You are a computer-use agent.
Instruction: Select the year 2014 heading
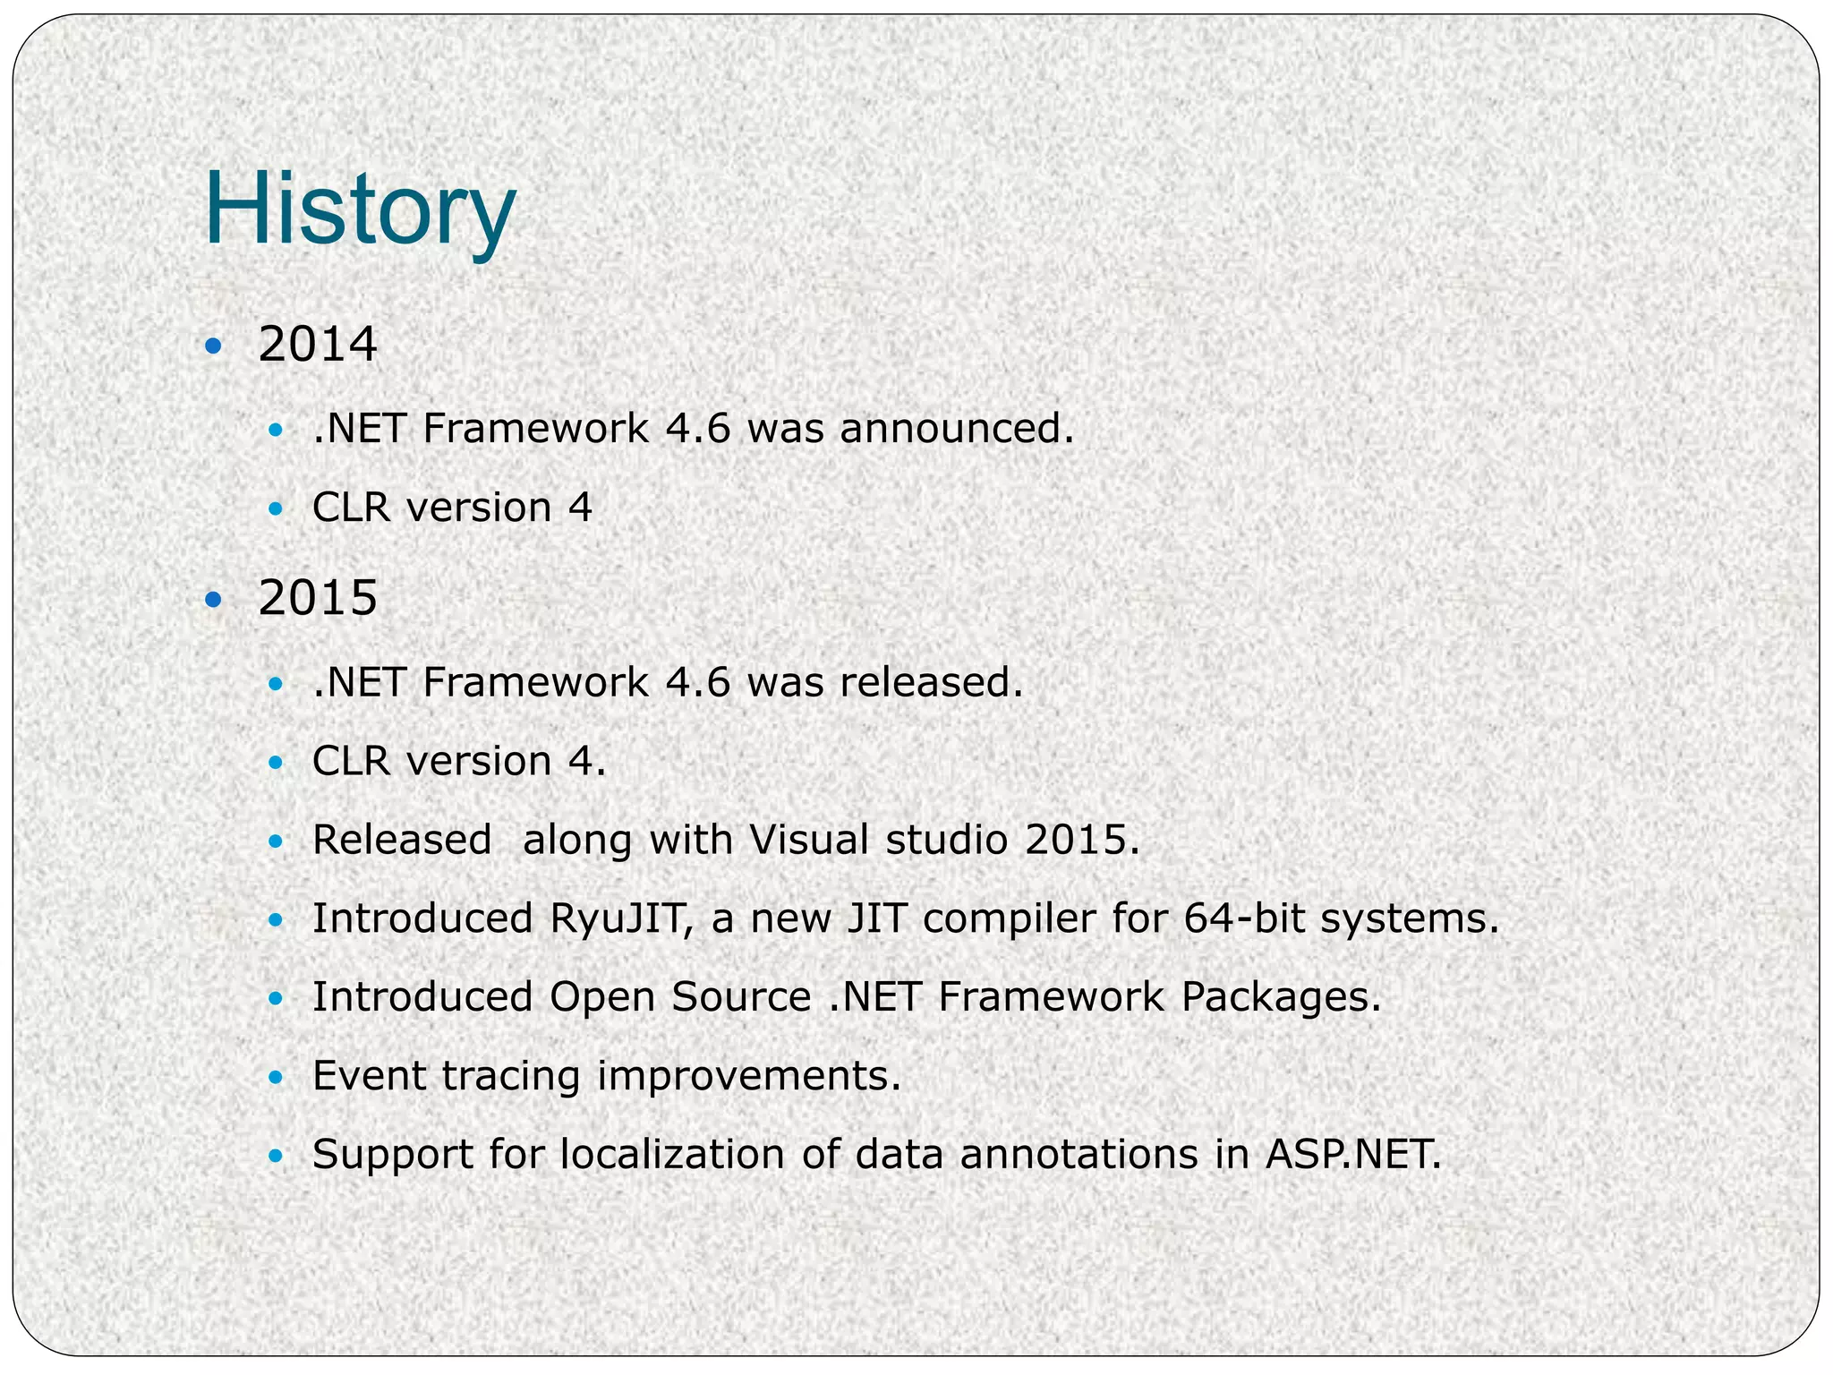pos(318,345)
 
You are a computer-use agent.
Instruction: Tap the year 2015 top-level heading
pos(318,598)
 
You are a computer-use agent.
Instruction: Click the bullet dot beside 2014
pos(212,346)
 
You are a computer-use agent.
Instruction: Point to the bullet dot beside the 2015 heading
pos(212,599)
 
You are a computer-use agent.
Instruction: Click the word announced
pos(955,429)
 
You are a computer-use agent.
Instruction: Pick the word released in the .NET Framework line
pos(930,682)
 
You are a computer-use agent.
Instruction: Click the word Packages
pos(1280,997)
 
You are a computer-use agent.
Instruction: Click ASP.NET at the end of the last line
pos(1352,1154)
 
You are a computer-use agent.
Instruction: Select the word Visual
pos(808,841)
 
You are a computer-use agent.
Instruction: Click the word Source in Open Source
pos(741,997)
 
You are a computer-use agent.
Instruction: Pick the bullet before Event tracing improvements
pos(276,1078)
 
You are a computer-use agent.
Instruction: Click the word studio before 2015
pos(946,841)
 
